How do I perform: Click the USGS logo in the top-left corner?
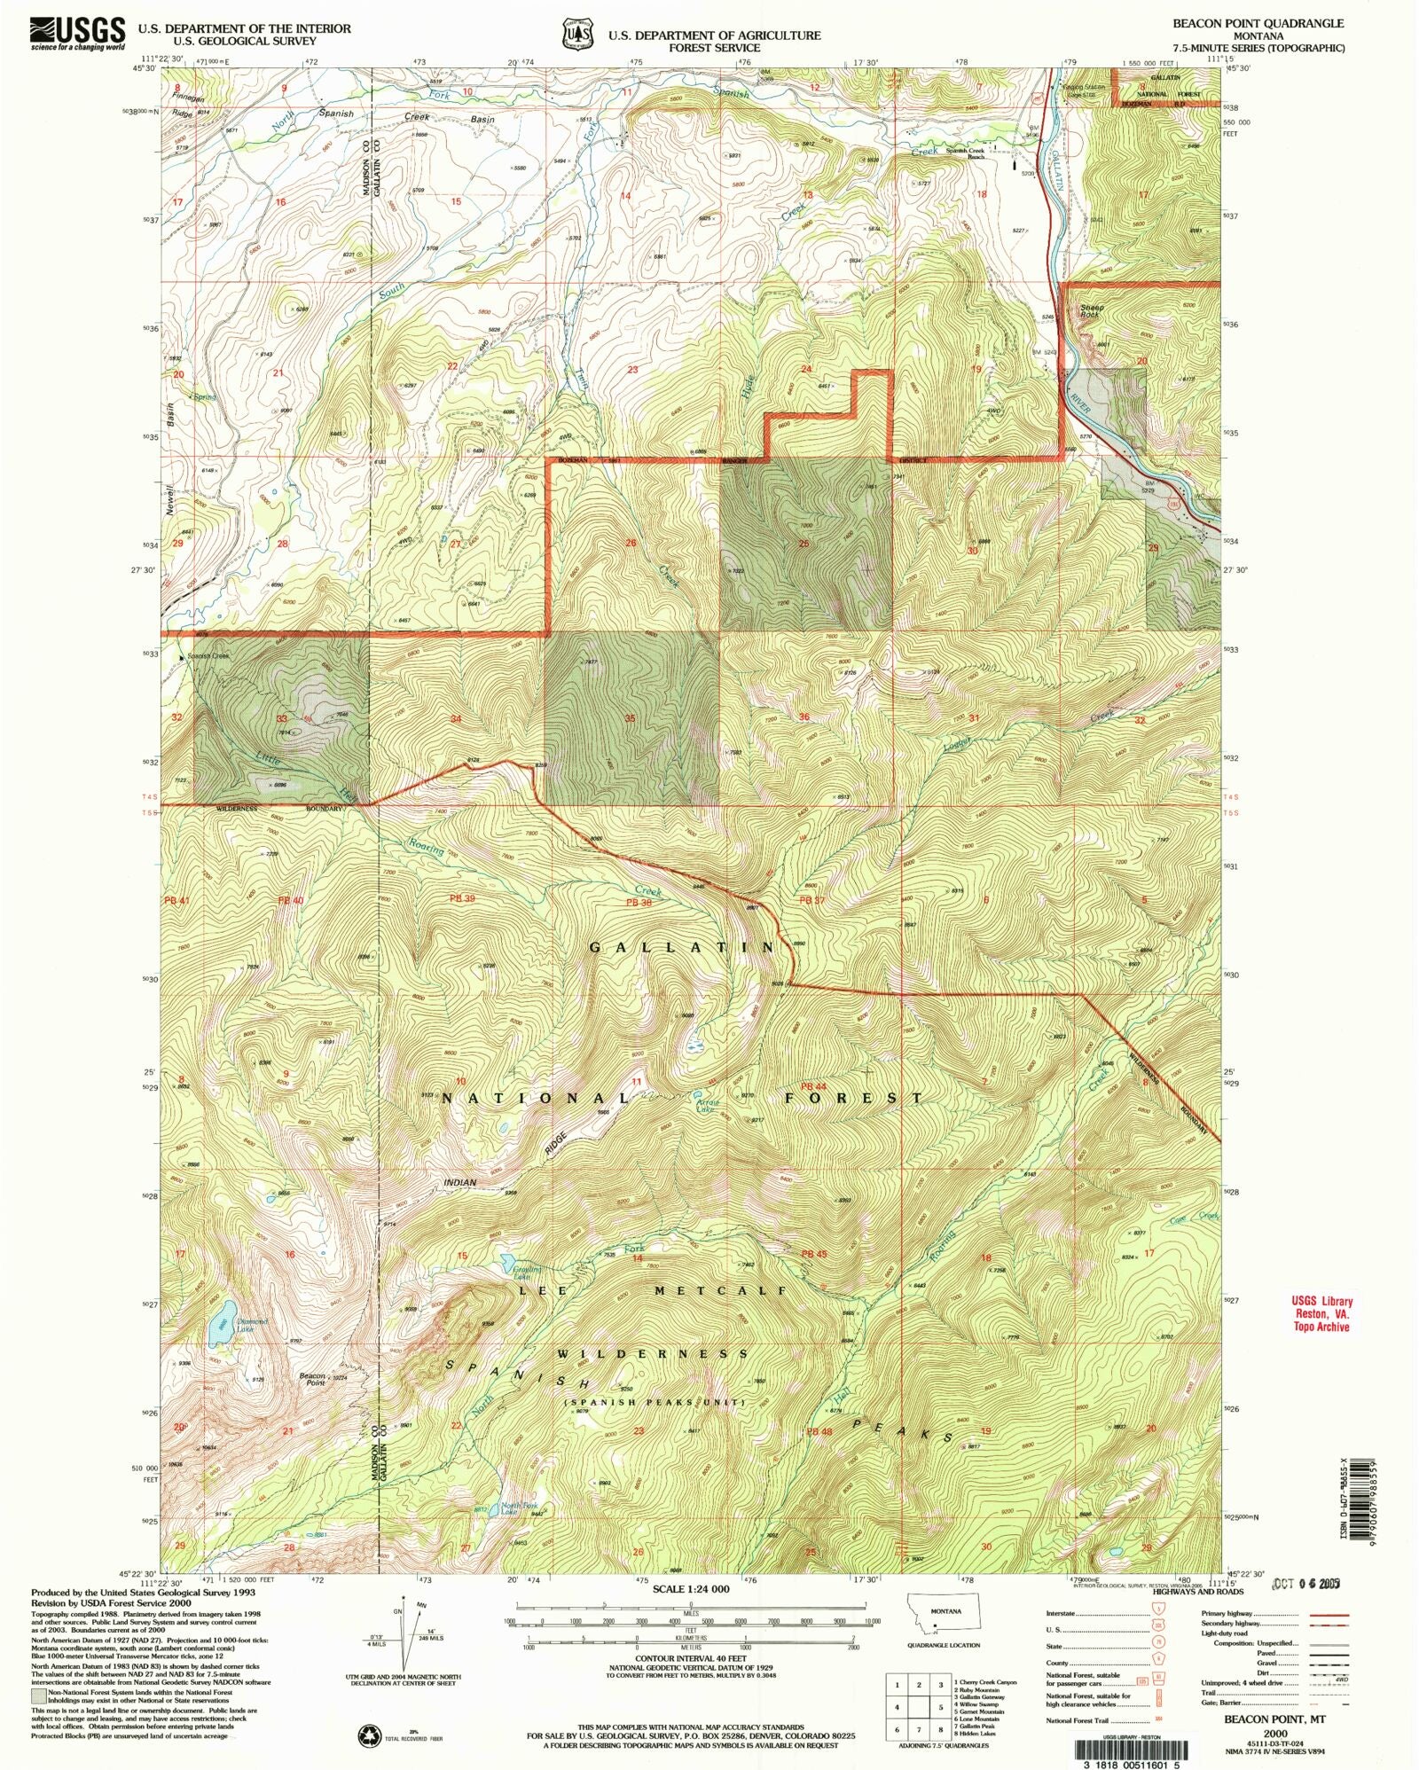pos(78,33)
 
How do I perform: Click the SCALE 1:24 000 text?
pos(691,1589)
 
